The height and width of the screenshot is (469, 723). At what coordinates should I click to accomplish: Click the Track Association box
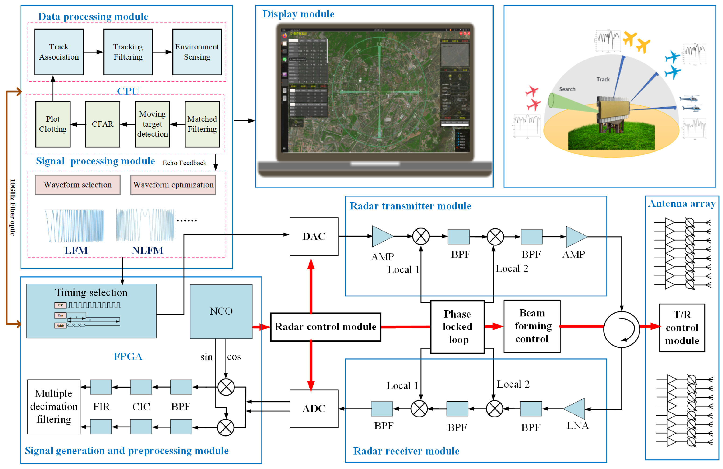[59, 52]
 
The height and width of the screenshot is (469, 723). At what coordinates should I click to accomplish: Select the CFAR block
[102, 124]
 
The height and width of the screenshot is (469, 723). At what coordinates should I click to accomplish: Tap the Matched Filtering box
[202, 124]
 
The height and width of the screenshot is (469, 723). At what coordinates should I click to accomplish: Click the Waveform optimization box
[173, 185]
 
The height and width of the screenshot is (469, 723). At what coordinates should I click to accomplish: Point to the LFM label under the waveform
[76, 250]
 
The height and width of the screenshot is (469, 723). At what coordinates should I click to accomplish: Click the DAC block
[314, 236]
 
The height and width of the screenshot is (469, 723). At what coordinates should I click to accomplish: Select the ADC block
[314, 409]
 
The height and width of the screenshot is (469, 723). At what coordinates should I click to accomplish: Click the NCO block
[221, 311]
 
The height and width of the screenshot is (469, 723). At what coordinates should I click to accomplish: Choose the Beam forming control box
[532, 326]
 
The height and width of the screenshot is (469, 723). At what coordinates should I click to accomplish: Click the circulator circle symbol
[622, 329]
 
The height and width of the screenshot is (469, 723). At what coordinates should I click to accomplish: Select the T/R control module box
[682, 328]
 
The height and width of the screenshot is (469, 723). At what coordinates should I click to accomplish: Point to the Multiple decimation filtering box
[54, 406]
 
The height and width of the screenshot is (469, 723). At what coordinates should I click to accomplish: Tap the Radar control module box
[325, 327]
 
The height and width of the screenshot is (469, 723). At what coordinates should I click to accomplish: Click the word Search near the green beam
[567, 89]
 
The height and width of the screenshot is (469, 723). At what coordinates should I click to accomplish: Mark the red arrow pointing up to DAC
[311, 286]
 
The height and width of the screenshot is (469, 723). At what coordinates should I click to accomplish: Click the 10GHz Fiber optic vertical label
[12, 207]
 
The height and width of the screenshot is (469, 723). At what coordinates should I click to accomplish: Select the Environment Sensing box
[197, 52]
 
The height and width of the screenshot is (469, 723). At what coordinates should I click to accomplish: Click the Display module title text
[298, 14]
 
